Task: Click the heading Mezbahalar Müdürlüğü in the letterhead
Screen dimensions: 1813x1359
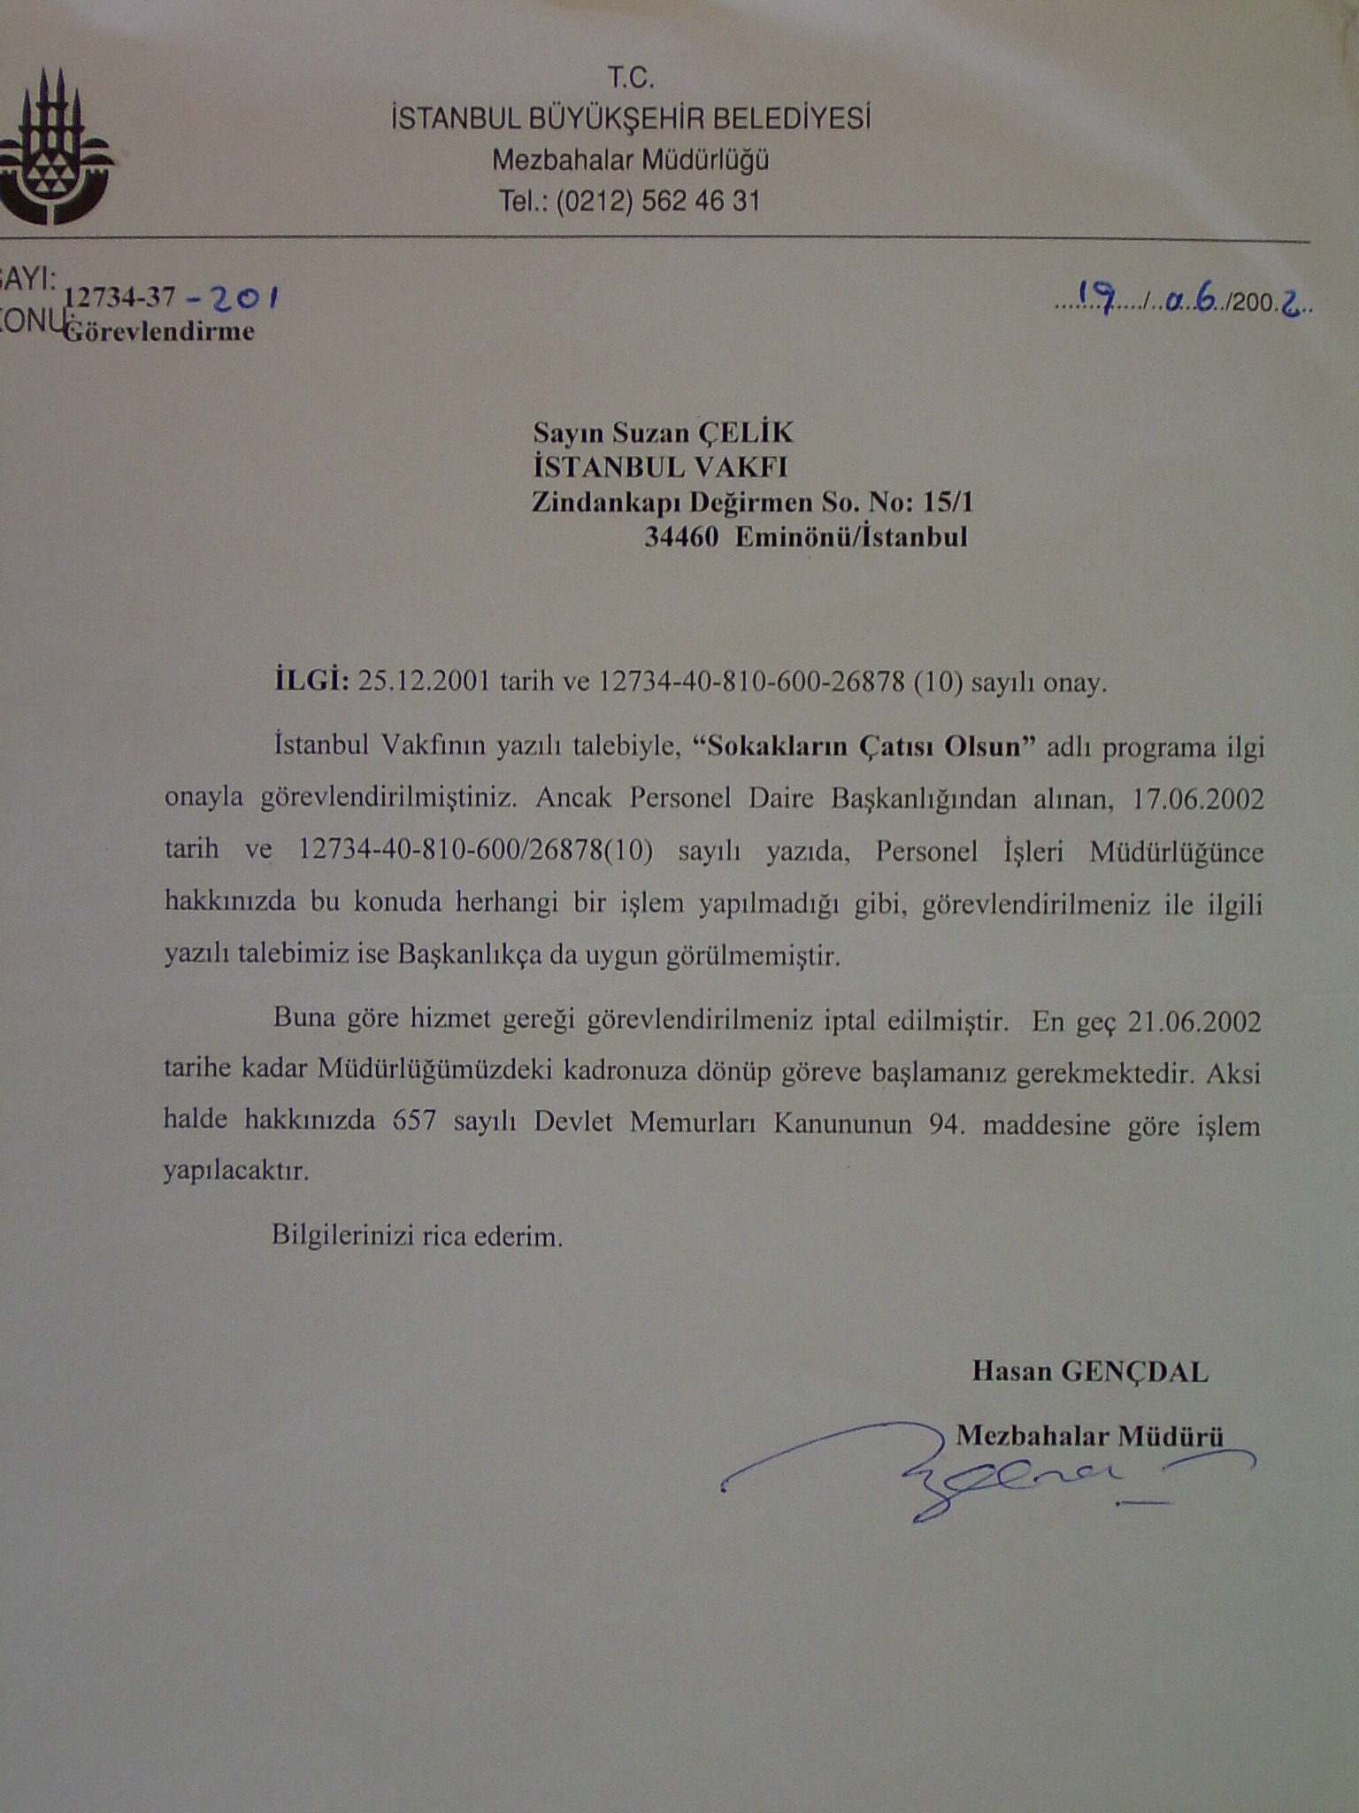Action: (x=630, y=160)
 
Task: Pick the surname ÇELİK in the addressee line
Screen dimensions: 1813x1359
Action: (x=746, y=432)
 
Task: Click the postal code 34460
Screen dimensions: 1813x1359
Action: (x=680, y=536)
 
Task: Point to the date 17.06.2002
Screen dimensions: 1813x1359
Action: (x=1198, y=798)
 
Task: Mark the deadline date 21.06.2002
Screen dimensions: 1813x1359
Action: (x=1194, y=1022)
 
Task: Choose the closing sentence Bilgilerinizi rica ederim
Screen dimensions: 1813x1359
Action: (x=417, y=1236)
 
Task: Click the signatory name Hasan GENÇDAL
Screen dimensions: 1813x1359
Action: (x=1089, y=1372)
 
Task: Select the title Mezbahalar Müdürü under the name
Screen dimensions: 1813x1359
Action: (x=1089, y=1434)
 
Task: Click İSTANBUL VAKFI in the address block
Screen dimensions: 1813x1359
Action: (x=659, y=467)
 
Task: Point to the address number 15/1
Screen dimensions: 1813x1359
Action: (x=947, y=502)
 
